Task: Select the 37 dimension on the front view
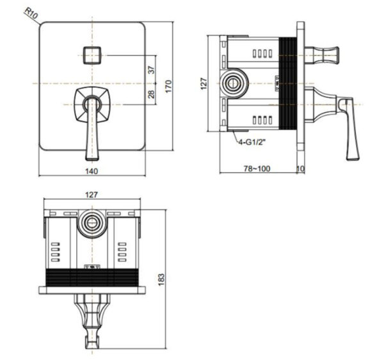click(x=152, y=71)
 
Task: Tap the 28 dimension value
click(x=152, y=94)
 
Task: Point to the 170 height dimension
click(x=168, y=85)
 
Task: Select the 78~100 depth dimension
click(x=257, y=168)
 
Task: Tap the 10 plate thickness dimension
click(x=301, y=168)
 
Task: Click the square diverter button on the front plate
click(x=92, y=54)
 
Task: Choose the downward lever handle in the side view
click(x=348, y=128)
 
